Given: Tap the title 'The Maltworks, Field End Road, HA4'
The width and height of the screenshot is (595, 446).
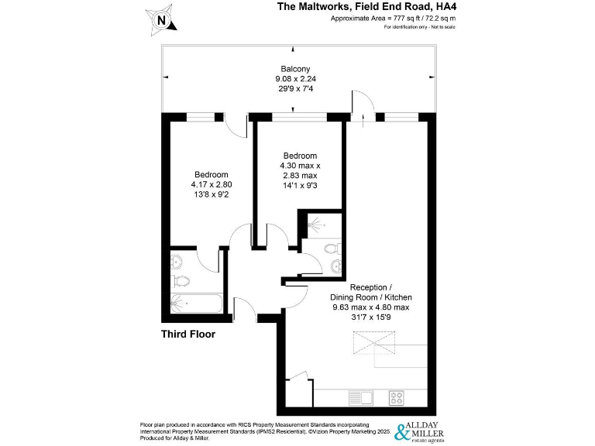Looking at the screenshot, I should click(x=366, y=6).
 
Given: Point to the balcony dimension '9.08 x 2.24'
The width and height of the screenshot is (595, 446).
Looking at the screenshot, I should click(x=296, y=78).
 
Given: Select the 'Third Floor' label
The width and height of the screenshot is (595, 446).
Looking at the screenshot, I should click(x=187, y=334).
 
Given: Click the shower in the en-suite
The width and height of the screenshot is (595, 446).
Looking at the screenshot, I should click(x=317, y=224).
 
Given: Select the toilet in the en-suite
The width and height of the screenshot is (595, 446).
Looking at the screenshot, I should click(x=332, y=249).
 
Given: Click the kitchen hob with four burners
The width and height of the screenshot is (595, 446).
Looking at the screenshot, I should click(x=396, y=398).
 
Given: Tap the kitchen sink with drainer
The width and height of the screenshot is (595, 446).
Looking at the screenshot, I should click(x=361, y=398).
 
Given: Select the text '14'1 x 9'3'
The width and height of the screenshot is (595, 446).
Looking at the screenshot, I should click(x=298, y=186).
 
